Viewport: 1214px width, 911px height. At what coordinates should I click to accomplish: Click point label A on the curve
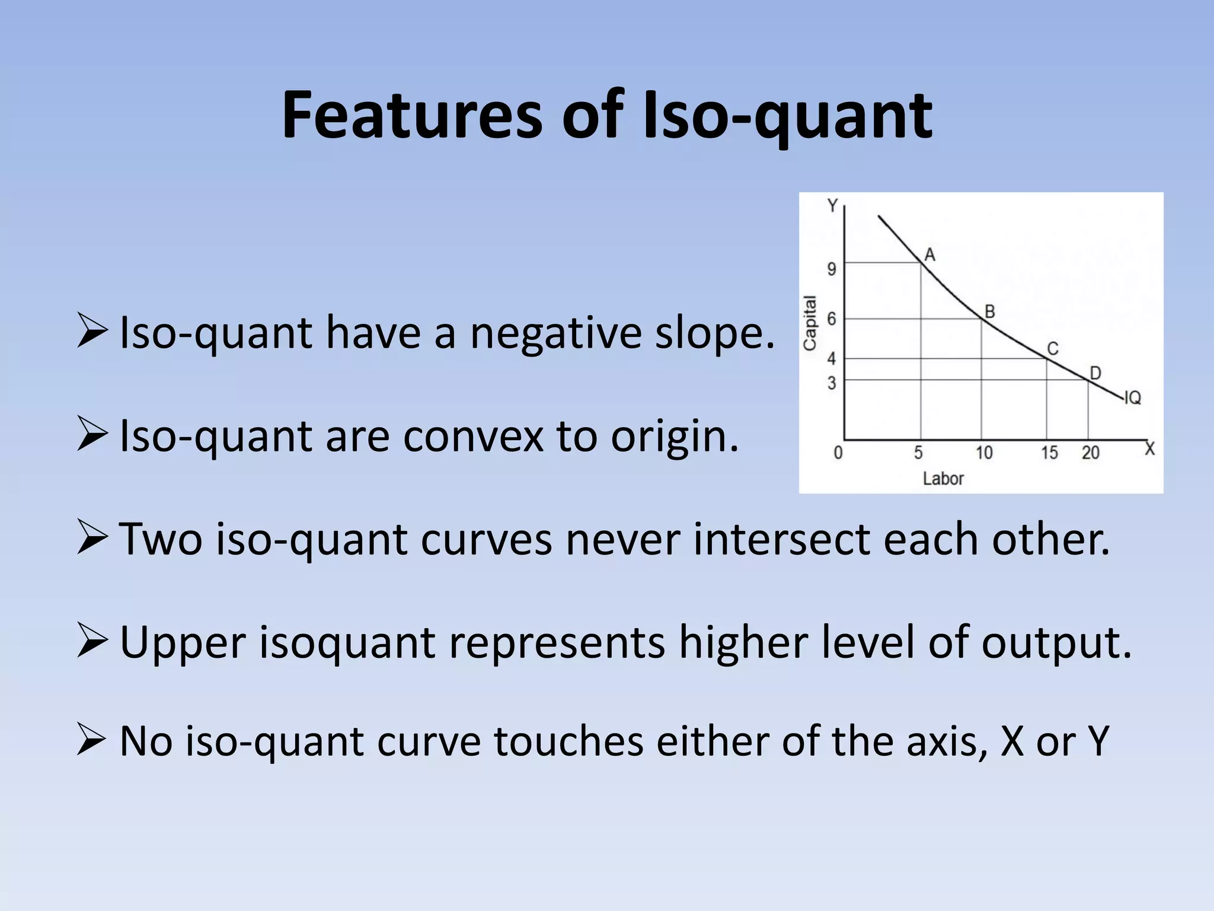930,255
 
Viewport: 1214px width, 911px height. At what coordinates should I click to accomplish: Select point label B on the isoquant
989,311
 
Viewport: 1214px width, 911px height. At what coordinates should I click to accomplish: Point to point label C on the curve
1053,349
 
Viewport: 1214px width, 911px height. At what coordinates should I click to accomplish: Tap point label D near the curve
1095,373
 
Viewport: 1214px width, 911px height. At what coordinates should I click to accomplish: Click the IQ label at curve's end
1132,398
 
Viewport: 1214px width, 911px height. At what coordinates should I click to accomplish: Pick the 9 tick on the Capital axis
832,269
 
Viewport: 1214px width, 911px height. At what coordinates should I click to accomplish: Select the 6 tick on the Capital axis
832,319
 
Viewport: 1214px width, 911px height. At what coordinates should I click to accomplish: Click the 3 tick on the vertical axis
832,383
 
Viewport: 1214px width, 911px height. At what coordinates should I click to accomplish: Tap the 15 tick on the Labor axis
1049,453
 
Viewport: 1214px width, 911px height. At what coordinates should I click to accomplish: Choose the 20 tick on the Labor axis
1090,453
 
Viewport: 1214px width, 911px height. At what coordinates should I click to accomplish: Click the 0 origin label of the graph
838,453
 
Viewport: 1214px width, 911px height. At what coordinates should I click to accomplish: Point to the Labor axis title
943,479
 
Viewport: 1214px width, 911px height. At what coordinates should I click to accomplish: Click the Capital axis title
810,323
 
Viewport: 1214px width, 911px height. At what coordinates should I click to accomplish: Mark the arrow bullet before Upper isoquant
92,642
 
